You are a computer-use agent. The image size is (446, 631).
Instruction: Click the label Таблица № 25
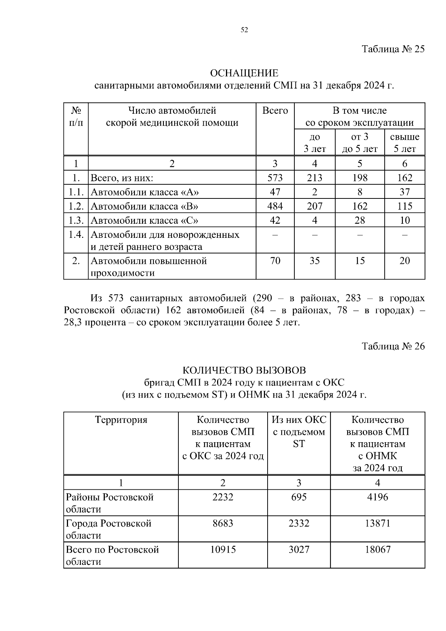click(393, 49)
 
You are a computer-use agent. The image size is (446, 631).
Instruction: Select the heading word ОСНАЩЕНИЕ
click(244, 73)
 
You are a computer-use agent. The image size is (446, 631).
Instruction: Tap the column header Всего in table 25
click(275, 111)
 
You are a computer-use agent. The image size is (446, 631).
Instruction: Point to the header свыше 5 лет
click(404, 143)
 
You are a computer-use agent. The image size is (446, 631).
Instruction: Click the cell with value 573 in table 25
click(275, 178)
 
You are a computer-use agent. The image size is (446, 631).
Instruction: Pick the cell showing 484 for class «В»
click(275, 206)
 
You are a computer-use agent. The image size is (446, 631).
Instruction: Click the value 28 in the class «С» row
click(359, 220)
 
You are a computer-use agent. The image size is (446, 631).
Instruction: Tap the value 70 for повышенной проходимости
click(275, 261)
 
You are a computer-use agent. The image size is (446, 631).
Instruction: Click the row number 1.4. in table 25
click(76, 235)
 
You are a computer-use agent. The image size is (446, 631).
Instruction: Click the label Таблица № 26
click(393, 346)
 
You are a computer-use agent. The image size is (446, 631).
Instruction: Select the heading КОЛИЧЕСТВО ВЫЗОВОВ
click(244, 370)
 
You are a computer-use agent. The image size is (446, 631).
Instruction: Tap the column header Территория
click(121, 420)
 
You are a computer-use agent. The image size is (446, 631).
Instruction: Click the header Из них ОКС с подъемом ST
click(299, 432)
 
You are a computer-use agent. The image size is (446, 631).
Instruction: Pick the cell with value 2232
click(223, 497)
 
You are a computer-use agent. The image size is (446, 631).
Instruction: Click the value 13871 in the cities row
click(377, 524)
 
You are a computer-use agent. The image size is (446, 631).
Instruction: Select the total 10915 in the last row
click(223, 550)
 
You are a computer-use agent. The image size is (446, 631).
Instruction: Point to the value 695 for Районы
click(299, 497)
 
